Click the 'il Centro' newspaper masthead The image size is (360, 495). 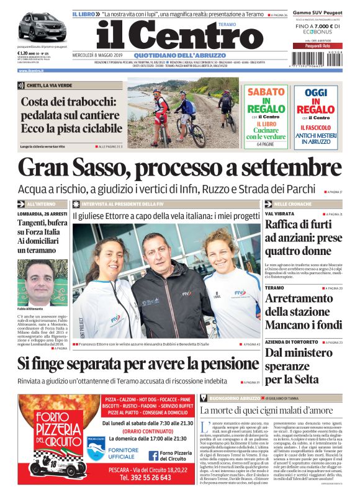point(180,35)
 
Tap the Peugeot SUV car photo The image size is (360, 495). point(42,27)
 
